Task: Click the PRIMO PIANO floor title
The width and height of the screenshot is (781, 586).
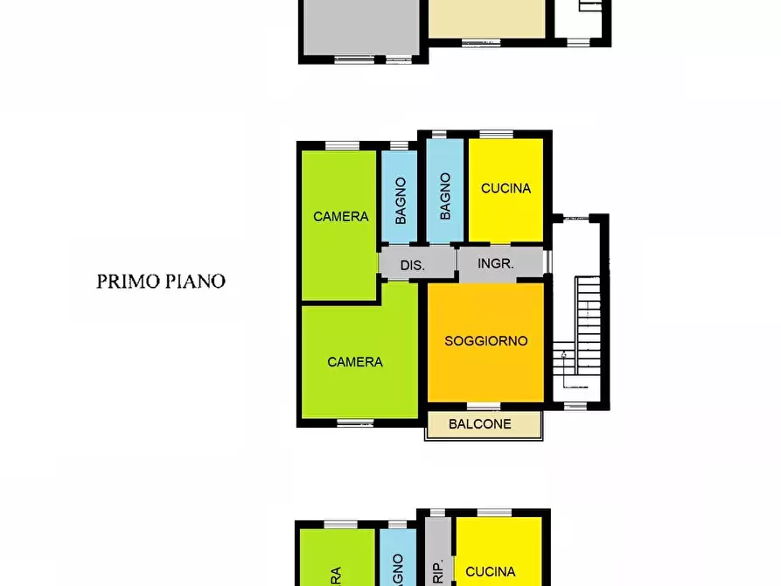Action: (161, 282)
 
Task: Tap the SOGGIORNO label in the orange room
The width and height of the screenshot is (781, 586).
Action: (486, 341)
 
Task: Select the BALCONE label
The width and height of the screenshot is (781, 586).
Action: (479, 424)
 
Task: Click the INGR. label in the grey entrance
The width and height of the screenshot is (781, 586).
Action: (497, 262)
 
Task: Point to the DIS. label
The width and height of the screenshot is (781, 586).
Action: (412, 265)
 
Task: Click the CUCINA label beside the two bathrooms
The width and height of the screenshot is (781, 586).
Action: (506, 188)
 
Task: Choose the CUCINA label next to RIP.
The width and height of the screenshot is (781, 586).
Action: (490, 572)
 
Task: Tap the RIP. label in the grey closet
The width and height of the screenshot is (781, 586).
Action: (438, 570)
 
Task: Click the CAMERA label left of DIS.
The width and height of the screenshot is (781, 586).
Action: (341, 216)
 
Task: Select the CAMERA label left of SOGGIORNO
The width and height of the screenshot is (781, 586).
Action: (355, 361)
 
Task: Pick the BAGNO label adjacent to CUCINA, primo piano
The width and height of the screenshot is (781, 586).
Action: (445, 196)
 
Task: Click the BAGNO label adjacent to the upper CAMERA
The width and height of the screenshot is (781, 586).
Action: (400, 200)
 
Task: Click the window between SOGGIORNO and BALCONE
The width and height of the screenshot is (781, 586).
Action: (484, 406)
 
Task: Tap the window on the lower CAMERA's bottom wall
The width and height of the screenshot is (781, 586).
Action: (355, 422)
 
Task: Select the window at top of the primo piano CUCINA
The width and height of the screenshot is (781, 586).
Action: (496, 135)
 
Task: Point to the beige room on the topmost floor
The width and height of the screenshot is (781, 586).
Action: (486, 17)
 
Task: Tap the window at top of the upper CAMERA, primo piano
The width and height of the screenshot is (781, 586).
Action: (338, 145)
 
